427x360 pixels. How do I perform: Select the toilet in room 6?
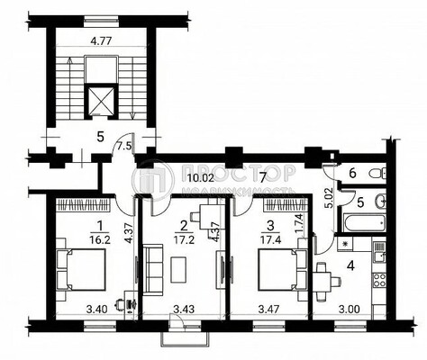[x=381, y=172]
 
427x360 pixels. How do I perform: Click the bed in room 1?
[x=82, y=268]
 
